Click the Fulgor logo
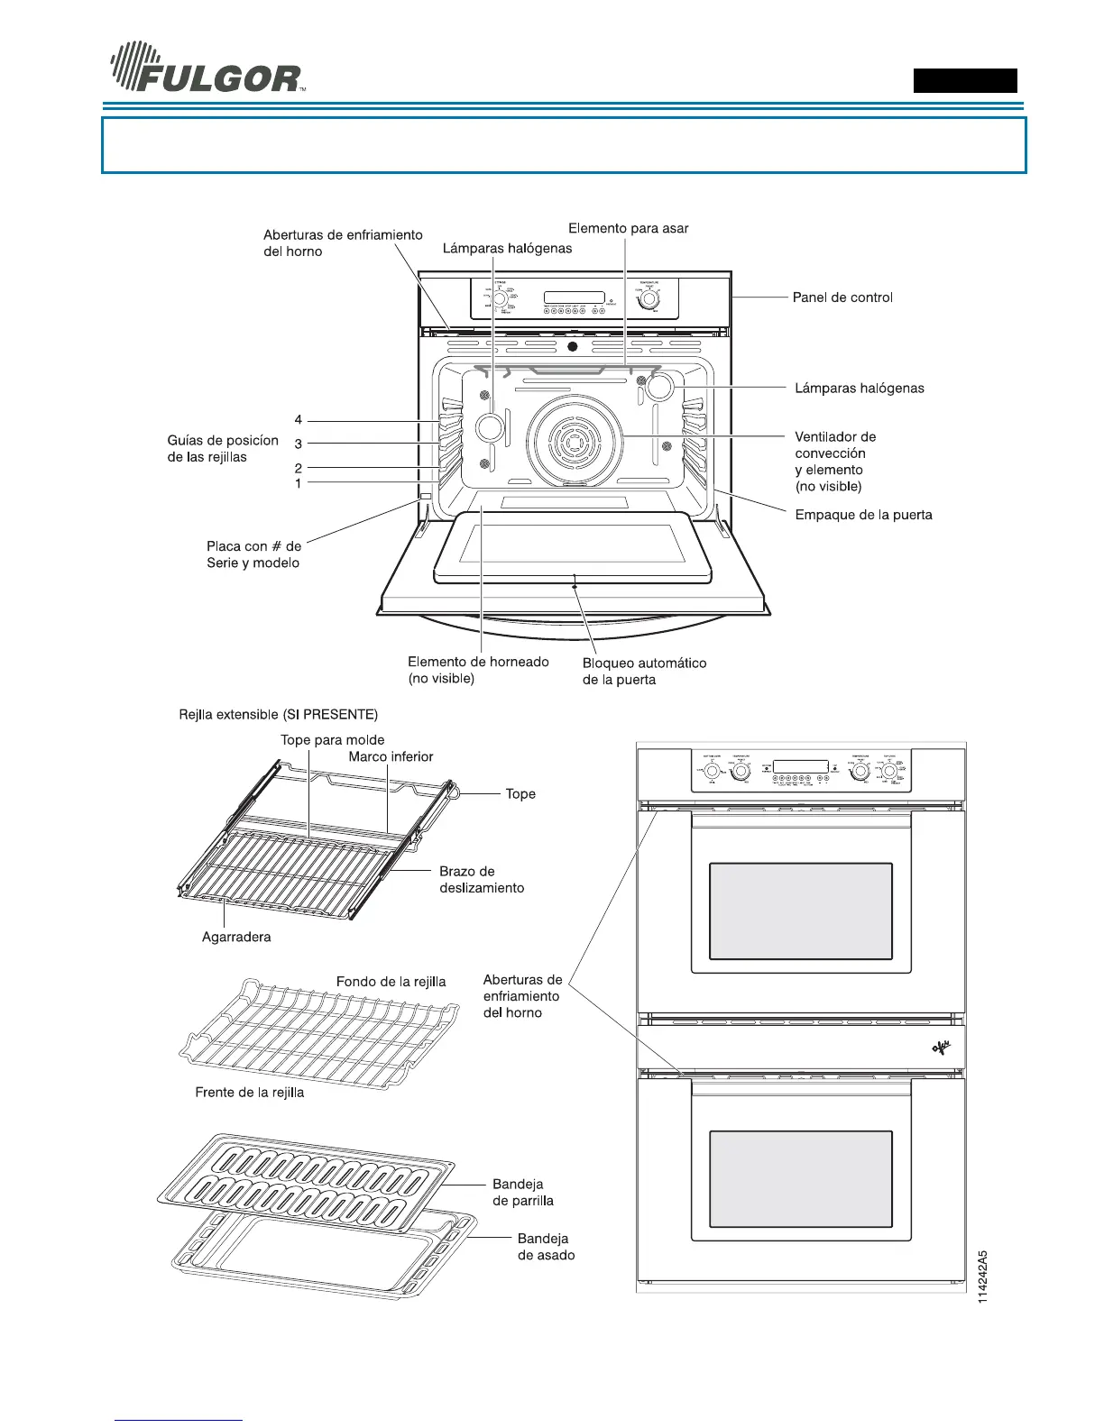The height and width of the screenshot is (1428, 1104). pyautogui.click(x=206, y=69)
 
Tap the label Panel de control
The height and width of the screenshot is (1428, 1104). pyautogui.click(x=842, y=297)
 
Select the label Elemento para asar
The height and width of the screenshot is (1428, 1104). pyautogui.click(x=628, y=229)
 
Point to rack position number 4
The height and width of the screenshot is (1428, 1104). pyautogui.click(x=299, y=420)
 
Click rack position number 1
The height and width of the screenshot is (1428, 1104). pyautogui.click(x=299, y=484)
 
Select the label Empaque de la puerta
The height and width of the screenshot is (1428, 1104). pyautogui.click(x=863, y=516)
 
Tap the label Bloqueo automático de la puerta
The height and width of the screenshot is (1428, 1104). pyautogui.click(x=644, y=672)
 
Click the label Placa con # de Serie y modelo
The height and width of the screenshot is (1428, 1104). pyautogui.click(x=253, y=554)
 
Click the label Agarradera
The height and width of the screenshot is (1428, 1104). pyautogui.click(x=236, y=938)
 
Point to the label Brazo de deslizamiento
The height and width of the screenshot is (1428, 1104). pyautogui.click(x=481, y=880)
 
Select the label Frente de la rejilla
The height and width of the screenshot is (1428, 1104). pyautogui.click(x=250, y=1093)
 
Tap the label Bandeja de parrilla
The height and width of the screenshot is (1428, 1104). pyautogui.click(x=522, y=1193)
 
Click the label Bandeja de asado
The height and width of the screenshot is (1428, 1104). pyautogui.click(x=545, y=1247)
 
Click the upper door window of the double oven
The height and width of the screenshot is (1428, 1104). pyautogui.click(x=800, y=911)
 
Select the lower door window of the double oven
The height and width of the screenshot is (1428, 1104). pyautogui.click(x=800, y=1179)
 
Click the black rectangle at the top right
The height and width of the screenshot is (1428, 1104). pyautogui.click(x=965, y=81)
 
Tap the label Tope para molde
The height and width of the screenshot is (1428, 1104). pyautogui.click(x=332, y=740)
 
